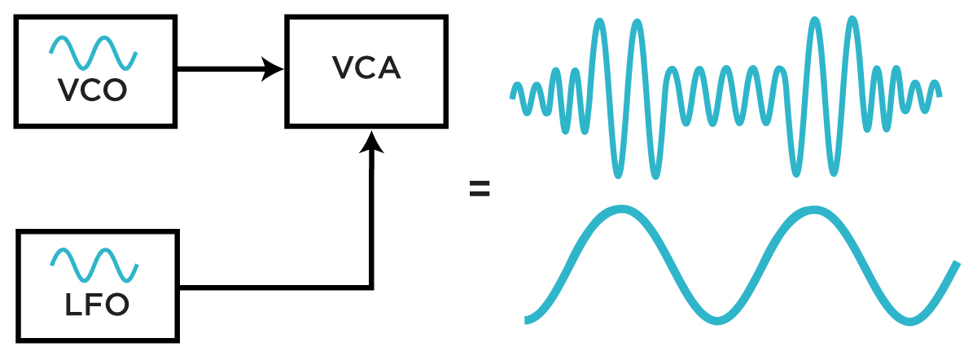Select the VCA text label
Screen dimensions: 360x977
click(x=366, y=68)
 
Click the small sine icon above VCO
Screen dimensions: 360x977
click(x=93, y=53)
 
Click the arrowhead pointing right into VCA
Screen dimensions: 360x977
click(x=273, y=69)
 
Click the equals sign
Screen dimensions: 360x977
click(x=480, y=191)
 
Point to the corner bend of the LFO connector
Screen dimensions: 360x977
click(x=371, y=287)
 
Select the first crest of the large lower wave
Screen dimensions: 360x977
click(x=620, y=211)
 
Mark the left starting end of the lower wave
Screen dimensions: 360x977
click(x=528, y=319)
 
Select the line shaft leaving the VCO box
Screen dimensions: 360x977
click(x=220, y=69)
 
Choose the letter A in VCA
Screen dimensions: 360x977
click(x=388, y=68)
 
